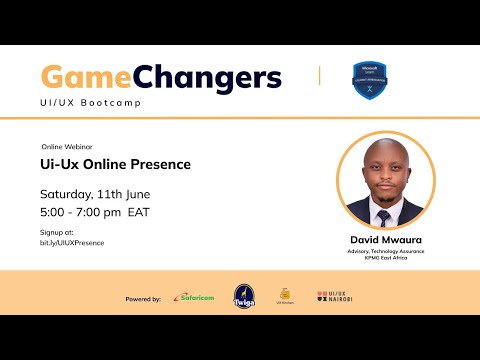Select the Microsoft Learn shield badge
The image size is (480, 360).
point(370,80)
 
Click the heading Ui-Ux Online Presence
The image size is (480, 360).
point(115,164)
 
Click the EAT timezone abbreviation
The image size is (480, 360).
point(140,212)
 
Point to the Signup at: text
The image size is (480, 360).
point(56,232)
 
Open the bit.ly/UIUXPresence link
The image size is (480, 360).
point(72,243)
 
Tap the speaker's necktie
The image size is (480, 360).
point(384,215)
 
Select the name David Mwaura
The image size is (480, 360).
point(384,240)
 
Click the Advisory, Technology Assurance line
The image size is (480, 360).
point(384,251)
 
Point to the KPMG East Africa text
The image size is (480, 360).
point(384,258)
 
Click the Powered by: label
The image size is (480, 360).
point(143,298)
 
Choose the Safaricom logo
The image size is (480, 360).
point(192,297)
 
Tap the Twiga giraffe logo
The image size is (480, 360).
point(244,297)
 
